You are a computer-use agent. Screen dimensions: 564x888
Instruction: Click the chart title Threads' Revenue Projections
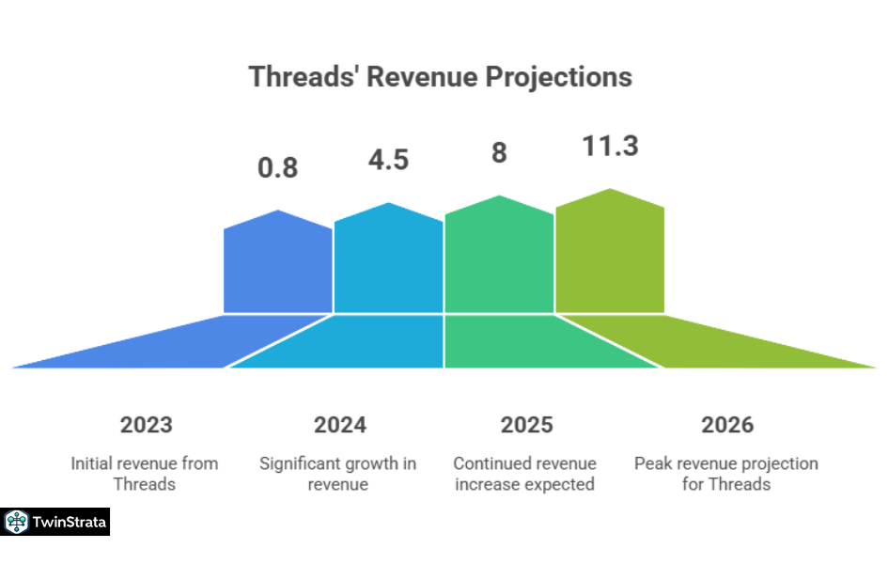440,76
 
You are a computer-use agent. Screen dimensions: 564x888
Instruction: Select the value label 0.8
277,168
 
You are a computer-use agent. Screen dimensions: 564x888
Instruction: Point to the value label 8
499,153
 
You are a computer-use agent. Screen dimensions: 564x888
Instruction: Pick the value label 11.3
610,146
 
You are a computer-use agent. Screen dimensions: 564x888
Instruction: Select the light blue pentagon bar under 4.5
388,263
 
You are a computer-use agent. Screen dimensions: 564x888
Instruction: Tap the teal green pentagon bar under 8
499,259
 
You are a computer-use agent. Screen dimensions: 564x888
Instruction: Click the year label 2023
147,425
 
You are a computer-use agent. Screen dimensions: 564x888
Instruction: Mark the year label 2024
340,425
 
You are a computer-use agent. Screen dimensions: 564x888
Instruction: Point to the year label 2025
526,425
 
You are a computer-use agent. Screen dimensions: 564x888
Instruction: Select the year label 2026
727,425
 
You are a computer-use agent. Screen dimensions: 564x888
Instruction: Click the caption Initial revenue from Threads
145,474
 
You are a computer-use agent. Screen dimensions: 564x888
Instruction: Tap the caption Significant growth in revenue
337,474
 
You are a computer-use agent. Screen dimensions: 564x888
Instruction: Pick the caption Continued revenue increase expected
524,474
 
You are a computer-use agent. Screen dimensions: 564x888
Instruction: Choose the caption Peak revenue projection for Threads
725,474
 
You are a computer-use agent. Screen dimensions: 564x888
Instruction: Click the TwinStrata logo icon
16,522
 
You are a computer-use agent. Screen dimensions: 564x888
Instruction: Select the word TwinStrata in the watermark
69,522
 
